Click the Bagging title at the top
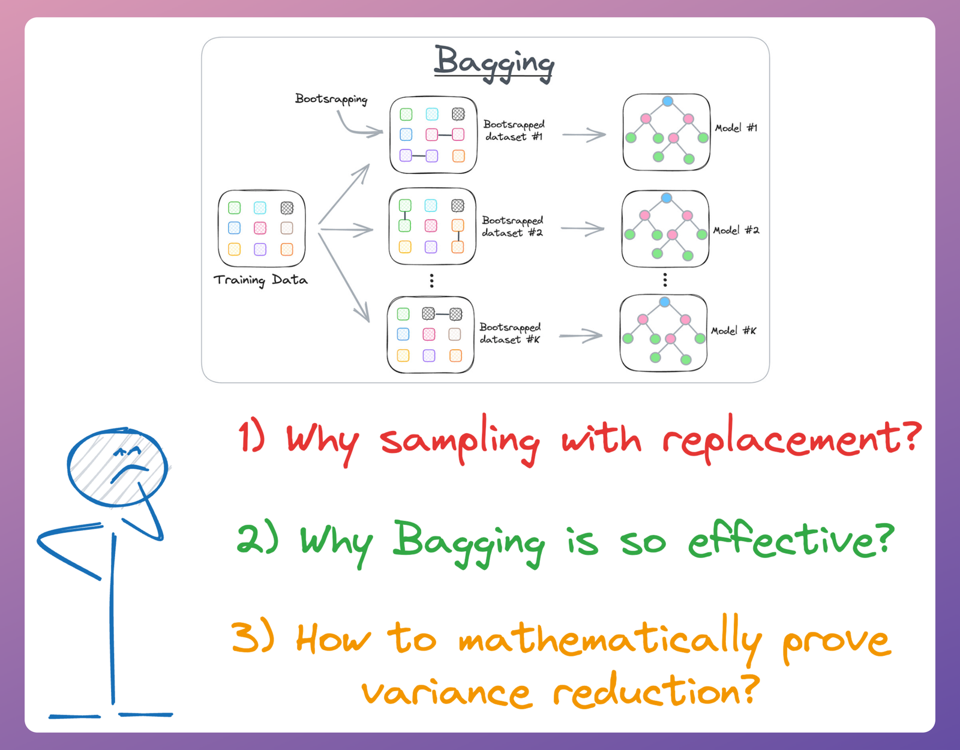tap(493, 62)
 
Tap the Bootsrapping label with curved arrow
tap(331, 99)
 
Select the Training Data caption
tap(260, 280)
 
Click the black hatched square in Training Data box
tap(287, 208)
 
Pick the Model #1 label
tap(736, 128)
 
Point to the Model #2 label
tap(736, 230)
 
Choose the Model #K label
tap(733, 331)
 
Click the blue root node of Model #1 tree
tap(667, 101)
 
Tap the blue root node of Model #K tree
tap(664, 302)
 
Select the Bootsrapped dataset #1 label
tap(514, 130)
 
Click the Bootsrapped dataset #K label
tap(510, 333)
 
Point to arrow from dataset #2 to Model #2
tap(583, 229)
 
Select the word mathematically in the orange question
tap(609, 640)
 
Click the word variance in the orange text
tap(446, 693)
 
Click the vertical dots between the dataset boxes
tap(431, 280)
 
